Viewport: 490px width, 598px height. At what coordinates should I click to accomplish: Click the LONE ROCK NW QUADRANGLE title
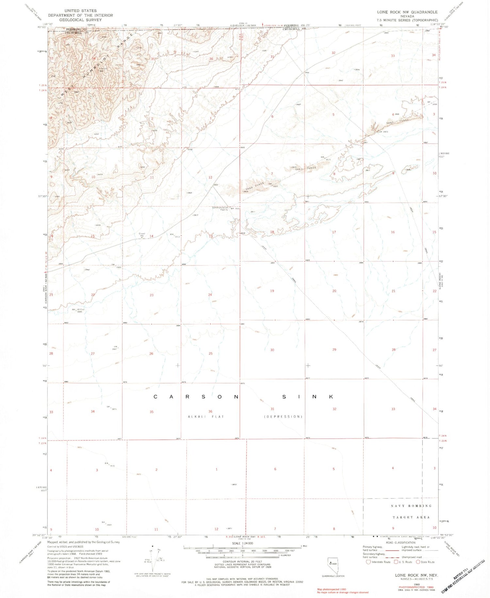[x=407, y=12]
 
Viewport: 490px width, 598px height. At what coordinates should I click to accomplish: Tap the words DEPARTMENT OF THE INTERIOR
[x=80, y=15]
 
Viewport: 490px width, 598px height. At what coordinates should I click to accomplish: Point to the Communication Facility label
[x=220, y=209]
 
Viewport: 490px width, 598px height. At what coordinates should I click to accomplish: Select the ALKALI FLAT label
[x=206, y=417]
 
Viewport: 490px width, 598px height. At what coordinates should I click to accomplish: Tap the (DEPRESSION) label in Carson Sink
[x=283, y=417]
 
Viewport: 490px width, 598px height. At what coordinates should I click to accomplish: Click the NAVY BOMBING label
[x=411, y=506]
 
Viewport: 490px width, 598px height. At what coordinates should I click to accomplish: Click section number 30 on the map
[x=272, y=350]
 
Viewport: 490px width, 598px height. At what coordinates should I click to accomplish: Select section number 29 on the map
[x=334, y=350]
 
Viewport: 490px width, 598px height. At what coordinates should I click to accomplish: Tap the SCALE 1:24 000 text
[x=242, y=543]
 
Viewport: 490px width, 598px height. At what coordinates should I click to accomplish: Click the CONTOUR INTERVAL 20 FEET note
[x=242, y=561]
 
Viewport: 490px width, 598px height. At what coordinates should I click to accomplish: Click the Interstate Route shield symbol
[x=368, y=562]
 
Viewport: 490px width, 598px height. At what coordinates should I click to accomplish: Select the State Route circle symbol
[x=418, y=562]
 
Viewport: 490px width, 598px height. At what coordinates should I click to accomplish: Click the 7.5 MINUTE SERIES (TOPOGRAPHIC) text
[x=407, y=20]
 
